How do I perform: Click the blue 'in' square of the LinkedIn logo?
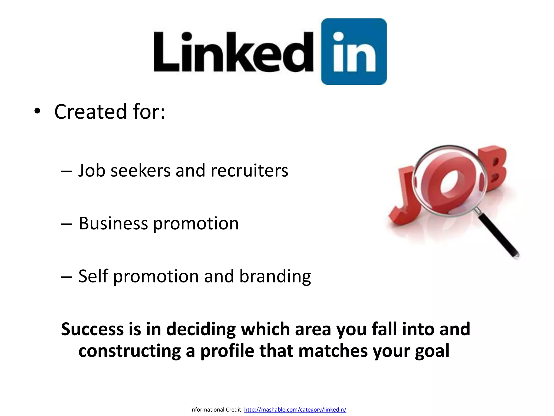coord(354,51)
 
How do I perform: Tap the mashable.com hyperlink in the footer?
coord(295,409)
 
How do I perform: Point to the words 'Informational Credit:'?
coord(216,409)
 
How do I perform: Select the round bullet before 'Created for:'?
coord(37,112)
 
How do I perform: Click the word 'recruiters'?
coord(249,171)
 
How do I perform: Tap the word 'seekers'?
coord(141,171)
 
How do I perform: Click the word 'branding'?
coord(275,277)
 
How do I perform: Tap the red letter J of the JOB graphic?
coord(402,198)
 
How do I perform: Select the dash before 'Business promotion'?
coord(67,224)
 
